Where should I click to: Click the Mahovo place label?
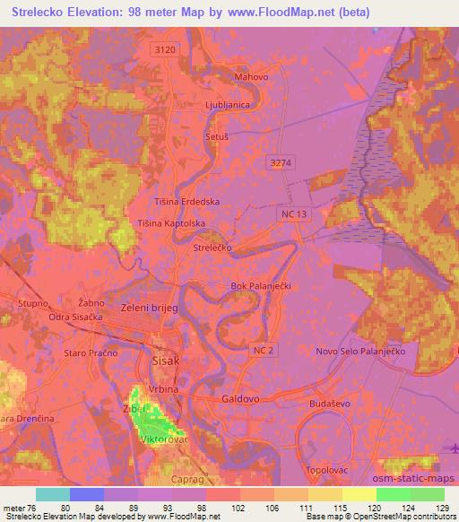point(251,77)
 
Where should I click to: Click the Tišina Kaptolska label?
point(172,222)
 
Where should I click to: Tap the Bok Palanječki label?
point(261,286)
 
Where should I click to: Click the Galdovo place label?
point(240,396)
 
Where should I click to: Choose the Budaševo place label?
point(327,405)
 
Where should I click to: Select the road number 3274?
point(281,161)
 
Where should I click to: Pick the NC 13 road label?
point(294,213)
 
